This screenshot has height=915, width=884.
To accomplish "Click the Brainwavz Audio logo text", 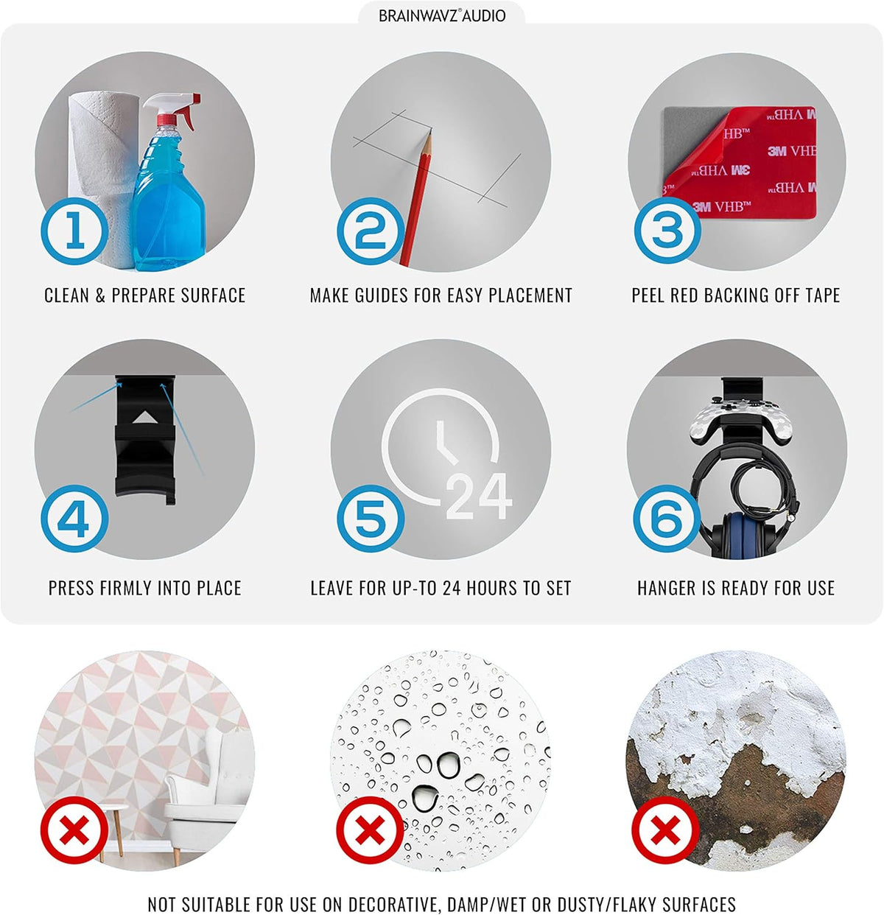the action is click(442, 15).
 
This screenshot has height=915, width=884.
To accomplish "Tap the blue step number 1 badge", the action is click(74, 231).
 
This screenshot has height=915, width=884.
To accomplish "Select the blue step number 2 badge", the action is click(371, 231).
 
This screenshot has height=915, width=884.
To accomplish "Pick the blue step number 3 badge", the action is click(667, 230).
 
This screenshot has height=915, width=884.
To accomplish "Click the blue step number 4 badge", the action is click(74, 519).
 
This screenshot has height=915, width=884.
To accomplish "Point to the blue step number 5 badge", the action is click(371, 519).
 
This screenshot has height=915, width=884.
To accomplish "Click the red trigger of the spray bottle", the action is click(190, 111).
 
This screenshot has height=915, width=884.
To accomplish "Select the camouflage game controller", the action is click(741, 419).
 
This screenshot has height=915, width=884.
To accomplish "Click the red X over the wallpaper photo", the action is click(74, 830).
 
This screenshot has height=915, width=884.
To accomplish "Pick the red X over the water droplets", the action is click(371, 830).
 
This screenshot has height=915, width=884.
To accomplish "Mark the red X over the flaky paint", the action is click(665, 830).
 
